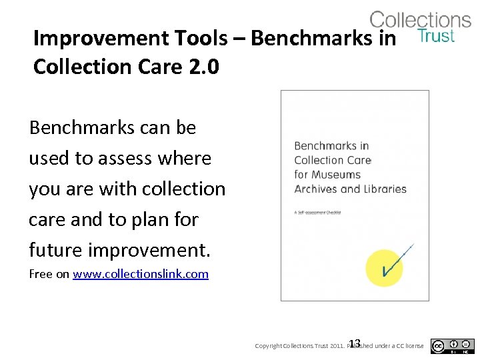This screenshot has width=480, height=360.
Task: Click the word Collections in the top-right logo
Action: [x=420, y=19]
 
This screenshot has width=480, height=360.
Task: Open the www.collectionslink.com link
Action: [x=141, y=274]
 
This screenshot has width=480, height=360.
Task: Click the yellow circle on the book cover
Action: [x=385, y=268]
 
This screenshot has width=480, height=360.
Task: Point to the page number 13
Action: [x=355, y=342]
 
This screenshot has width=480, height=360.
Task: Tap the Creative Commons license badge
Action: [x=452, y=346]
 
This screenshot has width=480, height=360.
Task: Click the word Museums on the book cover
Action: [x=337, y=175]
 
